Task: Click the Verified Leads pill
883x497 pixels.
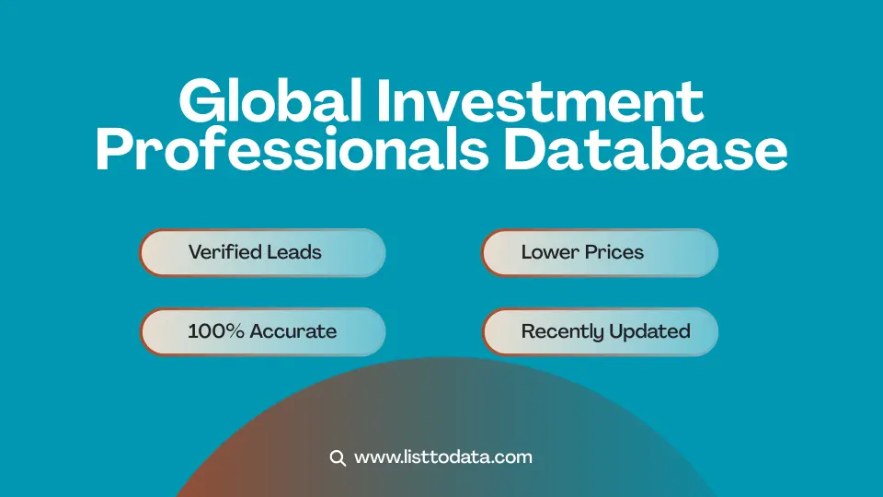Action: [262, 252]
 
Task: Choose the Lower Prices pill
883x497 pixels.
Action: [599, 252]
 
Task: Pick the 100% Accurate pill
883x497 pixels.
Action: [262, 331]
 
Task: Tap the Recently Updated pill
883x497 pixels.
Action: [599, 331]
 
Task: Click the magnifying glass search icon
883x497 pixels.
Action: [338, 457]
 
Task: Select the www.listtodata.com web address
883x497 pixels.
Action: [442, 457]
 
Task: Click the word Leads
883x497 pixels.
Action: [292, 252]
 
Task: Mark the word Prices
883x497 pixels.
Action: [614, 252]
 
